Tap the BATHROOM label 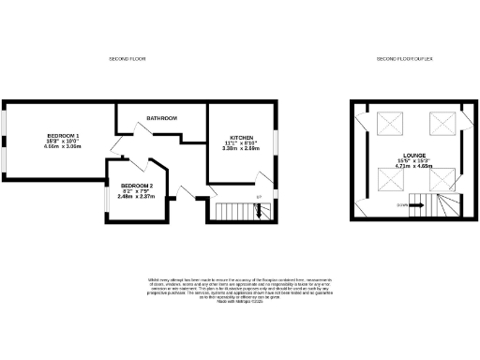tap(161, 118)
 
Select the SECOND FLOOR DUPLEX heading tap(404, 59)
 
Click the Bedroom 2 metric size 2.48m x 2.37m tap(136, 197)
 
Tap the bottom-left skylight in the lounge tap(387, 178)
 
